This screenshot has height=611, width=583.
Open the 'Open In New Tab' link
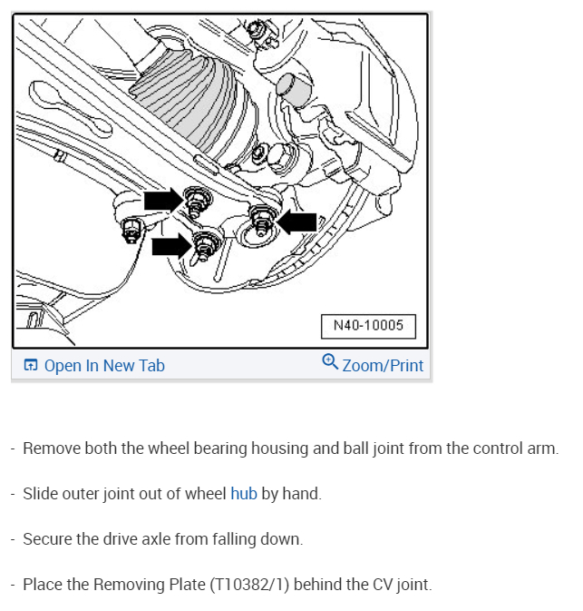coord(104,366)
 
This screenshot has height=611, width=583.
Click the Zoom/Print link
coord(383,366)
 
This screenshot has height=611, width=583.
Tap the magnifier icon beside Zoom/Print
coord(330,364)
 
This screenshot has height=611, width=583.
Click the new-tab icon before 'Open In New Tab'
coord(31,366)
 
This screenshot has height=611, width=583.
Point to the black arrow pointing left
coord(296,222)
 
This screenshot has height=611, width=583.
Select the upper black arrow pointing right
coord(162,200)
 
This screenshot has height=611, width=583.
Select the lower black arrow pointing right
coord(170,245)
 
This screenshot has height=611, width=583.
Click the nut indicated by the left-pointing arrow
coord(261,217)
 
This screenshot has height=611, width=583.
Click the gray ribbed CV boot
coord(185,94)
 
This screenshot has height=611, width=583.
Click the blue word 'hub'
coord(244,494)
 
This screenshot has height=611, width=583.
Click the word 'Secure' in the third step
coord(48,539)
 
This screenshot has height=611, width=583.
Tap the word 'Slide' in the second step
coord(42,494)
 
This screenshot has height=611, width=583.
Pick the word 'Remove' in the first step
coord(51,448)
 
